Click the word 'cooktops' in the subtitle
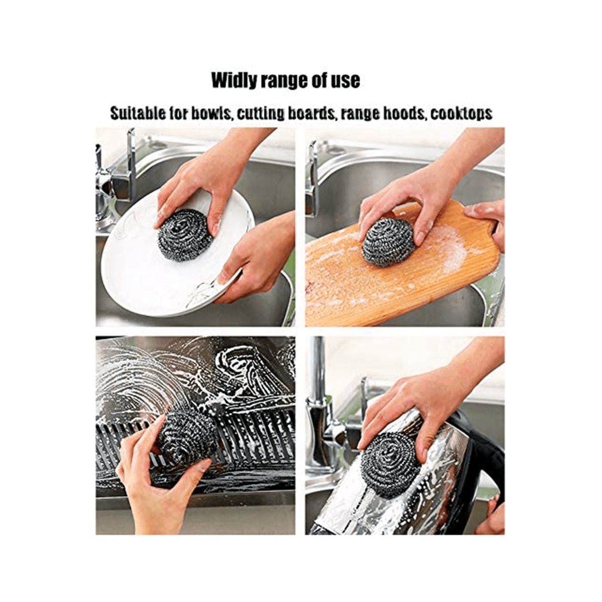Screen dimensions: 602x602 461,113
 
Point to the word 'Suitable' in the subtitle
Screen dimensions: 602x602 138,113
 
